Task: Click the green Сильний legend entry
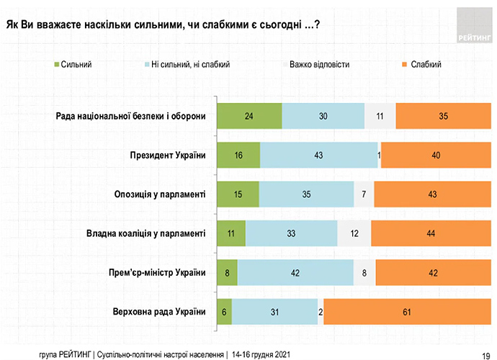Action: [x=73, y=65]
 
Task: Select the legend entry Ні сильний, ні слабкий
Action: [x=187, y=65]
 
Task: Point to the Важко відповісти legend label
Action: [x=319, y=65]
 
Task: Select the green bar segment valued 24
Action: [x=249, y=116]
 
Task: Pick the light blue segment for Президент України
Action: [x=318, y=155]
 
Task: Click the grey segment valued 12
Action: [x=354, y=233]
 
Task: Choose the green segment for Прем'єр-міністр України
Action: [x=228, y=272]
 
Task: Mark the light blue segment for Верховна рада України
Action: [x=274, y=311]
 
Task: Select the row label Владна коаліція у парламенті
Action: [x=145, y=233]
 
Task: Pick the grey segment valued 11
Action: [x=380, y=116]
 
